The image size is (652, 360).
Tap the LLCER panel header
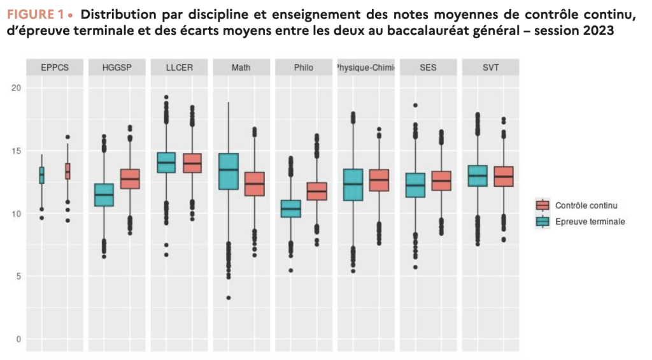point(179,68)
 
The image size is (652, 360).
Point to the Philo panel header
point(304,68)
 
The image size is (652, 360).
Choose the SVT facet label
point(491,68)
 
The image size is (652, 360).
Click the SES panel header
point(429,68)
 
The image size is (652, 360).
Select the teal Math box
point(229,171)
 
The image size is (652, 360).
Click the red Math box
point(255,184)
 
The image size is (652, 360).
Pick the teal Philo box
point(291,208)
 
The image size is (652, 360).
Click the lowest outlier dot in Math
point(229,298)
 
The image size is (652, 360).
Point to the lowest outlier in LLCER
point(166,255)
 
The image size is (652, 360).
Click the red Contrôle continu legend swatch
point(542,205)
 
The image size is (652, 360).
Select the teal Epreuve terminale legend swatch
point(542,221)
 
